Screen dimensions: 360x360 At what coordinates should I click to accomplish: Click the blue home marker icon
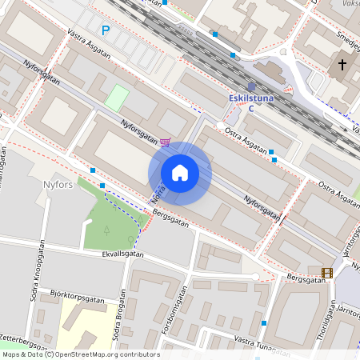(x=180, y=173)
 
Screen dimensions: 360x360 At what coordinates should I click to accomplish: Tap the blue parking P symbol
(x=105, y=30)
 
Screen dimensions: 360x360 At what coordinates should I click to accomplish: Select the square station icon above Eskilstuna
(x=251, y=86)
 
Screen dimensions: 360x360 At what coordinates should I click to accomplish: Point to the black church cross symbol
(x=342, y=65)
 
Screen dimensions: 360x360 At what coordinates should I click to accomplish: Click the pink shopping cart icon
(x=165, y=142)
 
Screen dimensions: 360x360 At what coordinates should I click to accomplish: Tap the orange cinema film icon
(x=326, y=273)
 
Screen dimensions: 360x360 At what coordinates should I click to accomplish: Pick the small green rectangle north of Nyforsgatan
(x=117, y=98)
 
